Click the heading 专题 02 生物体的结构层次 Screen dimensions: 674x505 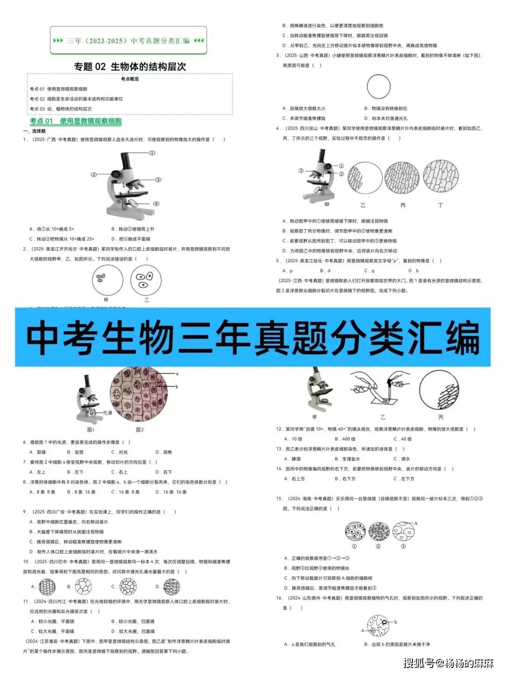click(130, 66)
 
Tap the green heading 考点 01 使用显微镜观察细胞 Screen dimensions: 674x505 click(76, 121)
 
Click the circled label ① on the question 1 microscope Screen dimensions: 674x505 click(152, 153)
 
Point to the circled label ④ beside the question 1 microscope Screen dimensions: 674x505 click(156, 203)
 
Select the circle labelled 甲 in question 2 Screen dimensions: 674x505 click(107, 280)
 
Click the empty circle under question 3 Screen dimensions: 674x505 click(378, 87)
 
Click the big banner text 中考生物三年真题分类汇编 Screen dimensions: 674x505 click(252, 337)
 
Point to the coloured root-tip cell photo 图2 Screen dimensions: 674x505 click(139, 396)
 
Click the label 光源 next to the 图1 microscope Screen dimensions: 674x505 click(108, 413)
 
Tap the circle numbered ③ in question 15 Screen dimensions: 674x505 click(403, 531)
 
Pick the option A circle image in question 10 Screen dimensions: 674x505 click(47, 587)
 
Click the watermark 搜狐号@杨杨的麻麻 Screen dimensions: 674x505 click(448, 663)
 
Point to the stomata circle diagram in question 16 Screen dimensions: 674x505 click(378, 627)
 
